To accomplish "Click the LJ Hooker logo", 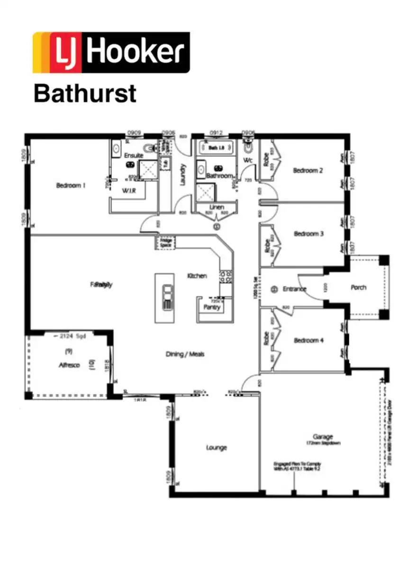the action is pos(111,52).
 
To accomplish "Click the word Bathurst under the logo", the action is pos(85,93).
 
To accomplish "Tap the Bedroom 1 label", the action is pos(71,186).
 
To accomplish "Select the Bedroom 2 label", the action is pos(308,171).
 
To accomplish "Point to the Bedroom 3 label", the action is pos(309,234).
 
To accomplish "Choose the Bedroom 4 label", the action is pos(309,341).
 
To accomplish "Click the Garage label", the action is pos(322,437).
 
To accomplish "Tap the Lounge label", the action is pos(216,448).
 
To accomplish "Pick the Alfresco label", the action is pos(69,365).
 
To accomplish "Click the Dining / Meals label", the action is pos(185,354).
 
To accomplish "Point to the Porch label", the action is pos(358,288).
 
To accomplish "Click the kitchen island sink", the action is pos(167,297).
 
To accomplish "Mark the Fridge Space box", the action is pos(165,243).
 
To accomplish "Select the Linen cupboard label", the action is pos(217,208).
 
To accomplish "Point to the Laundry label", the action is pos(183,174).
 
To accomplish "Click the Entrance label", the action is pos(294,289).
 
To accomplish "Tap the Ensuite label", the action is pos(134,155).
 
